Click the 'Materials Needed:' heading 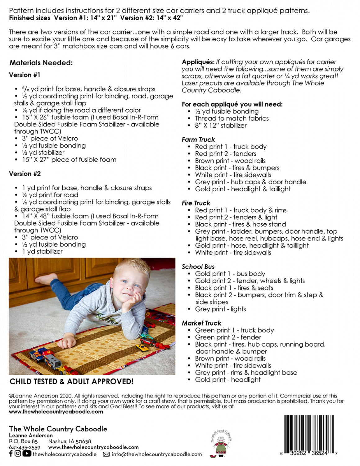[x=41, y=63]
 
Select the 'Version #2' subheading [x=25, y=174]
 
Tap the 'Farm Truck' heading [x=198, y=139]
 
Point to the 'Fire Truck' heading [x=196, y=203]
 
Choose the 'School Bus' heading [x=198, y=267]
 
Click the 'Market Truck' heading [x=201, y=323]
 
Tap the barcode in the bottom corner [x=309, y=435]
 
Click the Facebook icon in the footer [x=11, y=454]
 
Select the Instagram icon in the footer [x=18, y=454]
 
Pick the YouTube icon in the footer [x=27, y=454]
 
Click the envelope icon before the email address [x=106, y=454]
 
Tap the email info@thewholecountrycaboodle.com [x=157, y=454]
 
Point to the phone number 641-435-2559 [x=25, y=447]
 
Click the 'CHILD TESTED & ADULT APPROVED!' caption [x=71, y=381]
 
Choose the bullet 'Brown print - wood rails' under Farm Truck [x=230, y=161]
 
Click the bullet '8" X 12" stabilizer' [x=221, y=126]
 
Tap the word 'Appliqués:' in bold [x=198, y=62]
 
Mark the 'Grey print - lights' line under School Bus [x=220, y=309]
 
